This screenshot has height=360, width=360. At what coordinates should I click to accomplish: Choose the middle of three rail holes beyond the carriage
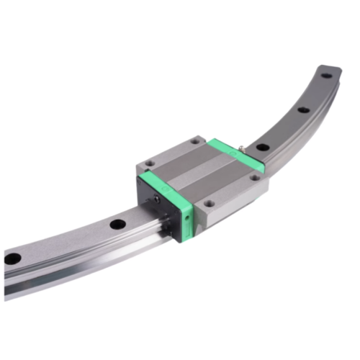[x=303, y=109]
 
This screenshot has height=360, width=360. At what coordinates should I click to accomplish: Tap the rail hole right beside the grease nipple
[x=264, y=147]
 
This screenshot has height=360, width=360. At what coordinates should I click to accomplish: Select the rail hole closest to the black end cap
[x=114, y=225]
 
